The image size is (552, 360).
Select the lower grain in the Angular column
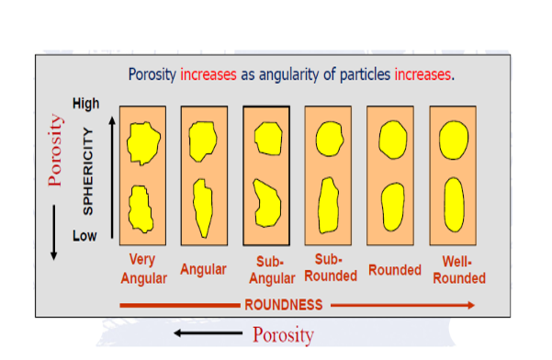(x=203, y=207)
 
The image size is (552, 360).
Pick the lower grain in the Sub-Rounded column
(x=328, y=204)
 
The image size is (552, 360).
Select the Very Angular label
(x=142, y=268)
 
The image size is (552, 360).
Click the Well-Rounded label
(x=456, y=269)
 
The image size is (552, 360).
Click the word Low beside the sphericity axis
(x=84, y=236)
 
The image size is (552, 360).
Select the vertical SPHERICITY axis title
(x=89, y=171)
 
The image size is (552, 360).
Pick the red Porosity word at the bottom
(x=283, y=333)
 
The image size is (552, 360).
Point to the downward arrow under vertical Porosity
(x=54, y=230)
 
